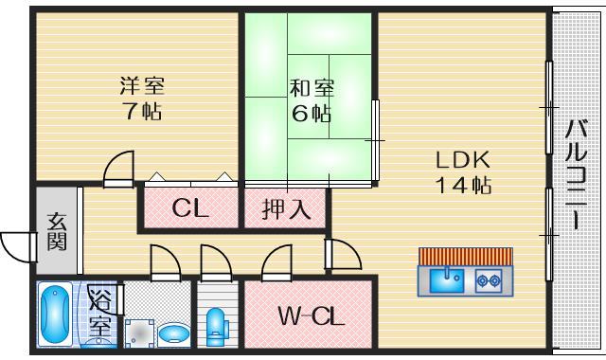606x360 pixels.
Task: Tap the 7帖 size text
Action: click(x=142, y=111)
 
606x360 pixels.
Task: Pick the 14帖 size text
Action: click(x=463, y=185)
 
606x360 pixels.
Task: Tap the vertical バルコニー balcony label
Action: click(x=576, y=176)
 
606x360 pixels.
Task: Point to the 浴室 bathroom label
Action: click(x=100, y=316)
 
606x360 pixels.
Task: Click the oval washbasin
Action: click(x=172, y=333)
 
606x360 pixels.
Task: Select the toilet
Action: click(x=217, y=325)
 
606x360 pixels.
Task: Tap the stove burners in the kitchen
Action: click(x=489, y=279)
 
